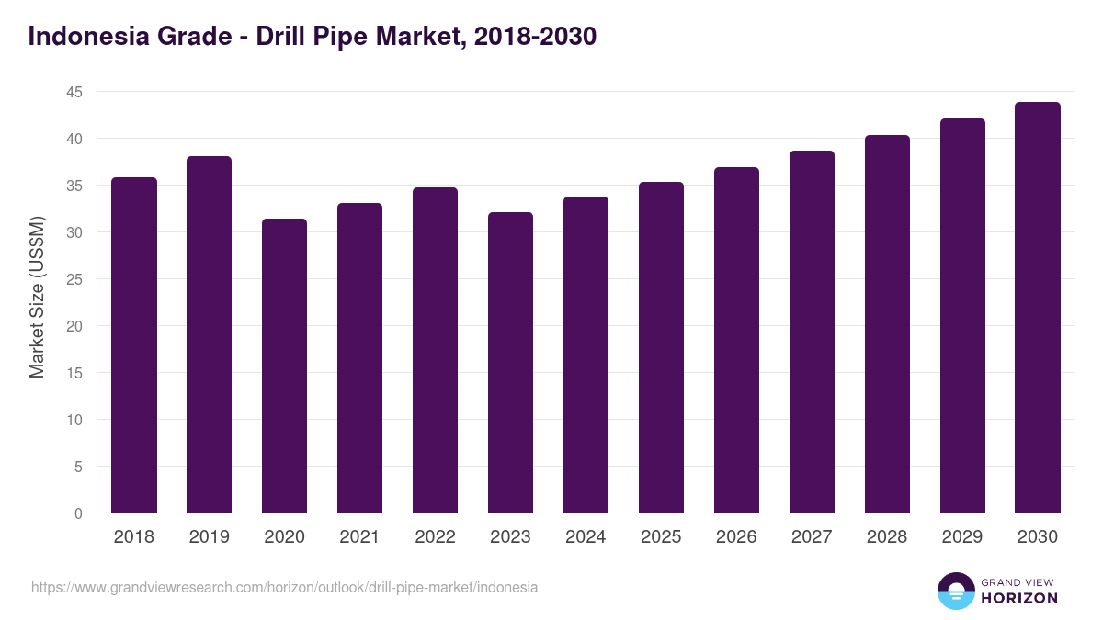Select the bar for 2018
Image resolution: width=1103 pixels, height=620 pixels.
[x=134, y=345]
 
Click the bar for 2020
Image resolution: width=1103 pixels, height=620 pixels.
[x=285, y=366]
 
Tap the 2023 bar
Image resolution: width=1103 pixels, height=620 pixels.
[x=511, y=363]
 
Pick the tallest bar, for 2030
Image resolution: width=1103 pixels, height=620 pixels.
[x=1038, y=308]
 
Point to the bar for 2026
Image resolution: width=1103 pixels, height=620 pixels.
[x=737, y=340]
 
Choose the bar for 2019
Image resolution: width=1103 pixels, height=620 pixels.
[x=210, y=334]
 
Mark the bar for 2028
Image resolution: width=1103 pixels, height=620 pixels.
[x=887, y=324]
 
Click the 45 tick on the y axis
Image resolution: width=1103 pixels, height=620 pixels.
[x=74, y=92]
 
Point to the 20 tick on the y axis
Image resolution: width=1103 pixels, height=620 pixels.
[x=74, y=326]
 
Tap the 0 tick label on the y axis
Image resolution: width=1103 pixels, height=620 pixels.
[x=78, y=513]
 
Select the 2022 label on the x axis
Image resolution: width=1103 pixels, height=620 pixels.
[x=436, y=537]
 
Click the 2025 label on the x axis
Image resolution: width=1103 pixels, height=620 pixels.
[x=662, y=537]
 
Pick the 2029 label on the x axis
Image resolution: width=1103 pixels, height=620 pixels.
[x=962, y=537]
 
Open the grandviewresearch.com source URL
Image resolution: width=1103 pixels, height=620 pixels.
[x=285, y=587]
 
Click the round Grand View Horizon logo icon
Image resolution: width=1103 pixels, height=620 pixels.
[x=955, y=591]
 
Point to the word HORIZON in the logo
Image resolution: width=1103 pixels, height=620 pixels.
[x=1019, y=598]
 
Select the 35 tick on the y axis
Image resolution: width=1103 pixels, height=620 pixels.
[x=74, y=186]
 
